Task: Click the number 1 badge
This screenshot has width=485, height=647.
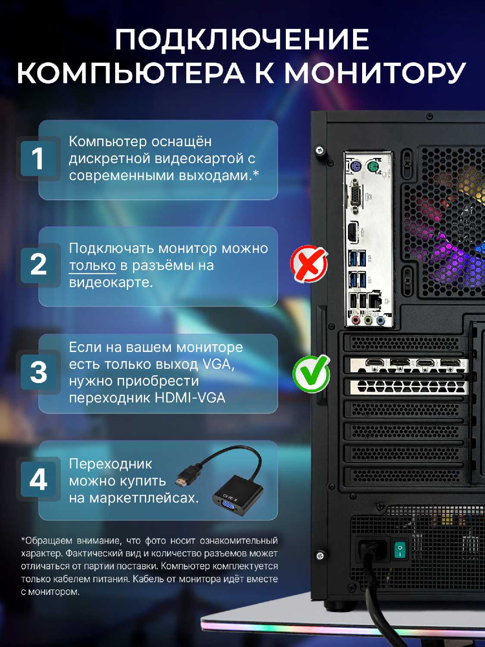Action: click(38, 159)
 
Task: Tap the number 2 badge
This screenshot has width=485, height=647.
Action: click(38, 265)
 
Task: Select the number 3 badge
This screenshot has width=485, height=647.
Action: click(38, 372)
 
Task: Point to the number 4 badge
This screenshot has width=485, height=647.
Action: click(38, 480)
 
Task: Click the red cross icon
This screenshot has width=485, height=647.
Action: click(309, 264)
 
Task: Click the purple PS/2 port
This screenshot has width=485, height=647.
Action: click(355, 166)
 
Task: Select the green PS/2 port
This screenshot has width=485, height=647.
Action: click(373, 166)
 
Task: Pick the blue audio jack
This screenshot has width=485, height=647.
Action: click(380, 320)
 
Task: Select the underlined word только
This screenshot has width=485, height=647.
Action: click(92, 266)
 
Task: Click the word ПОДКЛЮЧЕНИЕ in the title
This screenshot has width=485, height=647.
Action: click(242, 40)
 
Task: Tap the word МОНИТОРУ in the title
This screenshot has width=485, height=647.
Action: click(374, 72)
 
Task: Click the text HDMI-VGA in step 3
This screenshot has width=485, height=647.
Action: click(190, 398)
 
